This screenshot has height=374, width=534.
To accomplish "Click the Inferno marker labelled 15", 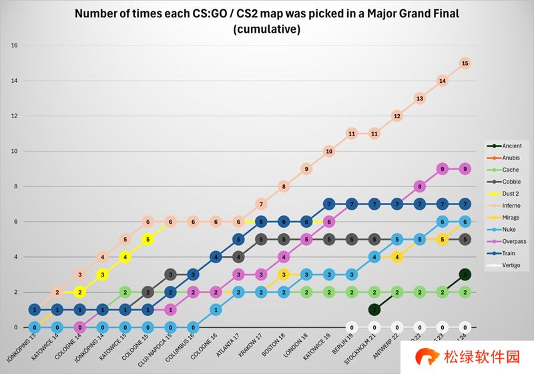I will coord(465,63).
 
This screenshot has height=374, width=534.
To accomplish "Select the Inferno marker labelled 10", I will coord(328,152).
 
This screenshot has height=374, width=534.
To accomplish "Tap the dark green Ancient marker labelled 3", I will coord(465,274).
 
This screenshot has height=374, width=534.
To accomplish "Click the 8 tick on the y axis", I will coord(15,186).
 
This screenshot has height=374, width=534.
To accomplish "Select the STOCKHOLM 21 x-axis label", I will coord(360,350).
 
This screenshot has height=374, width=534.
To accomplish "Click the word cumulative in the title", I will coord(266,30).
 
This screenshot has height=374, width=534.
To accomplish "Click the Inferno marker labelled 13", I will coord(419,98).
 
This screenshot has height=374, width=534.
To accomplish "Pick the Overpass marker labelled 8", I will coord(419,186).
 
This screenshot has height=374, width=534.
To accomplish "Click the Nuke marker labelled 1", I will coord(215,310).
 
